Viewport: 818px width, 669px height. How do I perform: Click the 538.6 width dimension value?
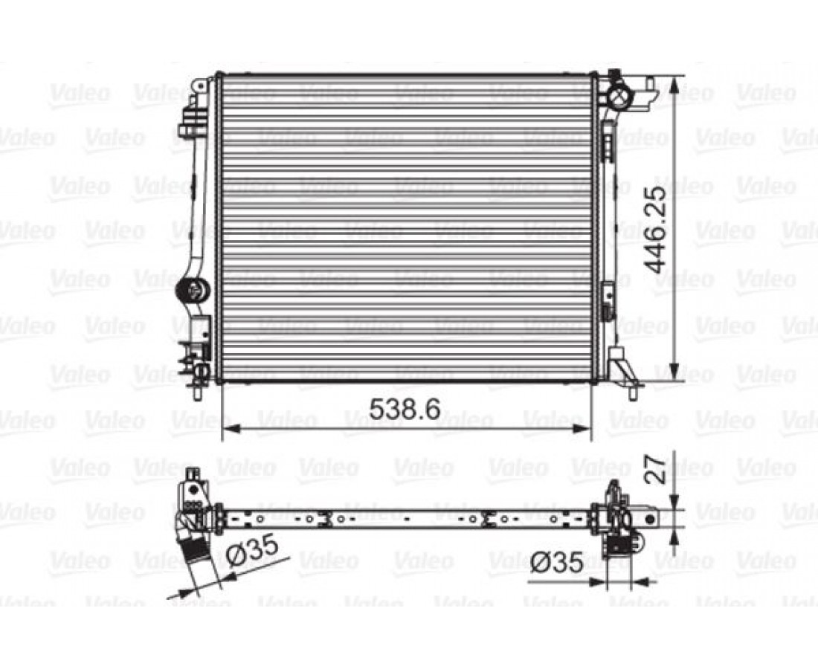[x=405, y=410]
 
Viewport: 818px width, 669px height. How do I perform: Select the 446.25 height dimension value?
[x=655, y=230]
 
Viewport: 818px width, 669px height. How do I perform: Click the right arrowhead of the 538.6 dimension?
[x=582, y=429]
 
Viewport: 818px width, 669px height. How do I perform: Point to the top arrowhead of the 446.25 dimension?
[x=675, y=88]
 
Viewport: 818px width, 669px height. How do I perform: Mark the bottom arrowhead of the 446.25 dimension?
[x=675, y=372]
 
